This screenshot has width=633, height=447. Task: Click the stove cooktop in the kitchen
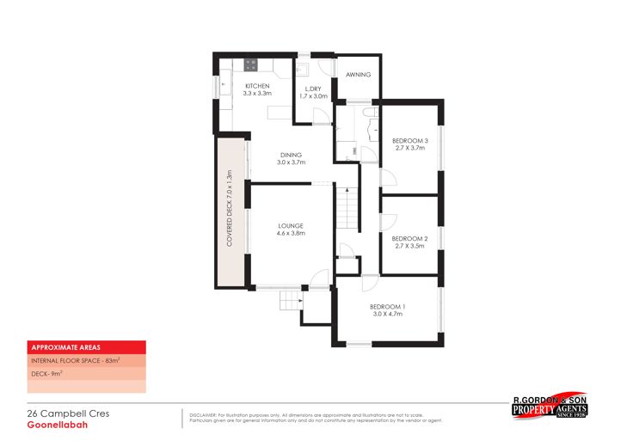[x=251, y=64]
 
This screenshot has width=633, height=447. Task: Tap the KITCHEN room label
[x=257, y=87]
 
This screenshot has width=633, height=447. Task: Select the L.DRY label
[x=313, y=89]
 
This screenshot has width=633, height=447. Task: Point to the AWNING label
[x=358, y=75]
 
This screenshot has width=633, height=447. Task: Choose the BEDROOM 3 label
[x=410, y=141]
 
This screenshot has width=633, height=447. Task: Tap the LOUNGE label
[x=290, y=226]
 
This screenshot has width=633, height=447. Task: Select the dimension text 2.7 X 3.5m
[x=410, y=247]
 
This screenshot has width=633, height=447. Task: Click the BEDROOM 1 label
[x=387, y=308]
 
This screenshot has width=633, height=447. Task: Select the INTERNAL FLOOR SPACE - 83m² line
[x=75, y=361]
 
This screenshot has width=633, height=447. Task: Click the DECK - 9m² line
[x=48, y=374]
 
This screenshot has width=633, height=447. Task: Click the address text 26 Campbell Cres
[x=68, y=413]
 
